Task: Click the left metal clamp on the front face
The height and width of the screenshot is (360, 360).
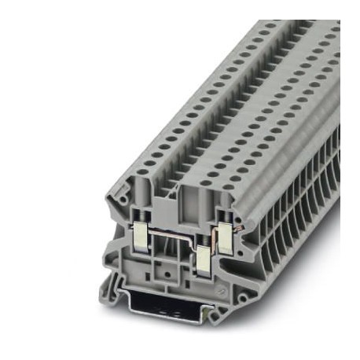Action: click(141, 233)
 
